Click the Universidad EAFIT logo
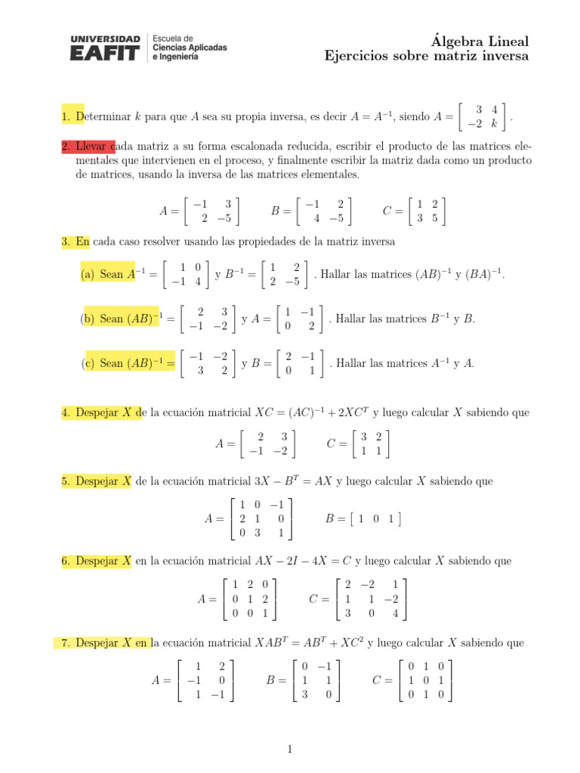[x=105, y=48]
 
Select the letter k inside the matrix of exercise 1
[x=494, y=123]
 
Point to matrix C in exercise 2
[x=426, y=211]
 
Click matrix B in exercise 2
[x=324, y=211]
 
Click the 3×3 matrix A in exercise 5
[x=261, y=519]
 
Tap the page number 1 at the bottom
[x=289, y=750]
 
